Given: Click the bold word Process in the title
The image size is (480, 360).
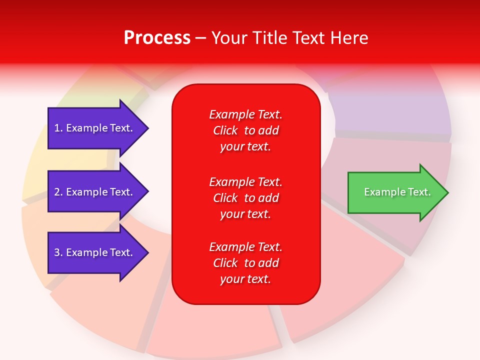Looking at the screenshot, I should click(157, 38).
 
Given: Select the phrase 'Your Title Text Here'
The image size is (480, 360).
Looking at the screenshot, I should click(289, 38).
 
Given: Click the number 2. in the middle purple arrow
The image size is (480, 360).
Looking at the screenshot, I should click(58, 192).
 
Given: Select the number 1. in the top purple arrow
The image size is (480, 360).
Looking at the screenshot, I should click(58, 128).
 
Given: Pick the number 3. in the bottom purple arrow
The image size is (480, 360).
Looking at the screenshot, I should click(58, 252).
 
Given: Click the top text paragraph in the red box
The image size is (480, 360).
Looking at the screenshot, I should click(245, 130).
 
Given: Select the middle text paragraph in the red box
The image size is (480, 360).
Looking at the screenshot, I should click(245, 198).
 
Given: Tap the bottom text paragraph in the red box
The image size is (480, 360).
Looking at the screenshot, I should click(245, 263).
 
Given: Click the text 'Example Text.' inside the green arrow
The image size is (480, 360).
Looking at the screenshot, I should click(397, 192).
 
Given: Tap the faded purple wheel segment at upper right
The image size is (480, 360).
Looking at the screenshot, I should click(390, 110).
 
